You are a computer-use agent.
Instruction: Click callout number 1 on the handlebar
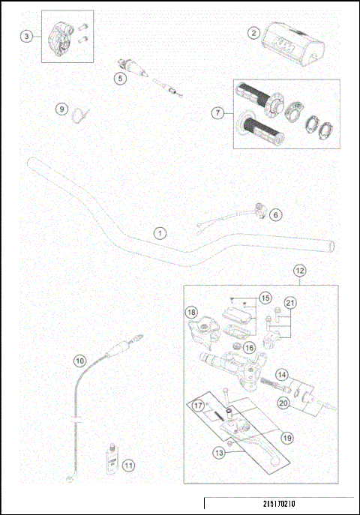click(x=159, y=232)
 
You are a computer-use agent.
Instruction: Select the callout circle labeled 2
click(x=254, y=33)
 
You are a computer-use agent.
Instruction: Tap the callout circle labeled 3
click(x=27, y=36)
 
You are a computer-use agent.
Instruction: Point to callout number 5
click(x=119, y=76)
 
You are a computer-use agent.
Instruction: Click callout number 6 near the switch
click(x=275, y=215)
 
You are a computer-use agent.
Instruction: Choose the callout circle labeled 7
click(x=218, y=113)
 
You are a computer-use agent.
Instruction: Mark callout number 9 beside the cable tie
click(x=62, y=109)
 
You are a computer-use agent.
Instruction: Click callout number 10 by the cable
click(x=79, y=360)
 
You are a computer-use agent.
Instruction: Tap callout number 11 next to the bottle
click(x=128, y=466)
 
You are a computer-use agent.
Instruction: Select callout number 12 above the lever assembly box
click(x=299, y=270)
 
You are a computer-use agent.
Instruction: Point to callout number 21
click(x=290, y=302)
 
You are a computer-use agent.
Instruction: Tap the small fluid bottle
click(x=110, y=459)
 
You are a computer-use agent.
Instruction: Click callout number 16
click(x=250, y=347)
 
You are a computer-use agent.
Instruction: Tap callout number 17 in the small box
click(x=199, y=406)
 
